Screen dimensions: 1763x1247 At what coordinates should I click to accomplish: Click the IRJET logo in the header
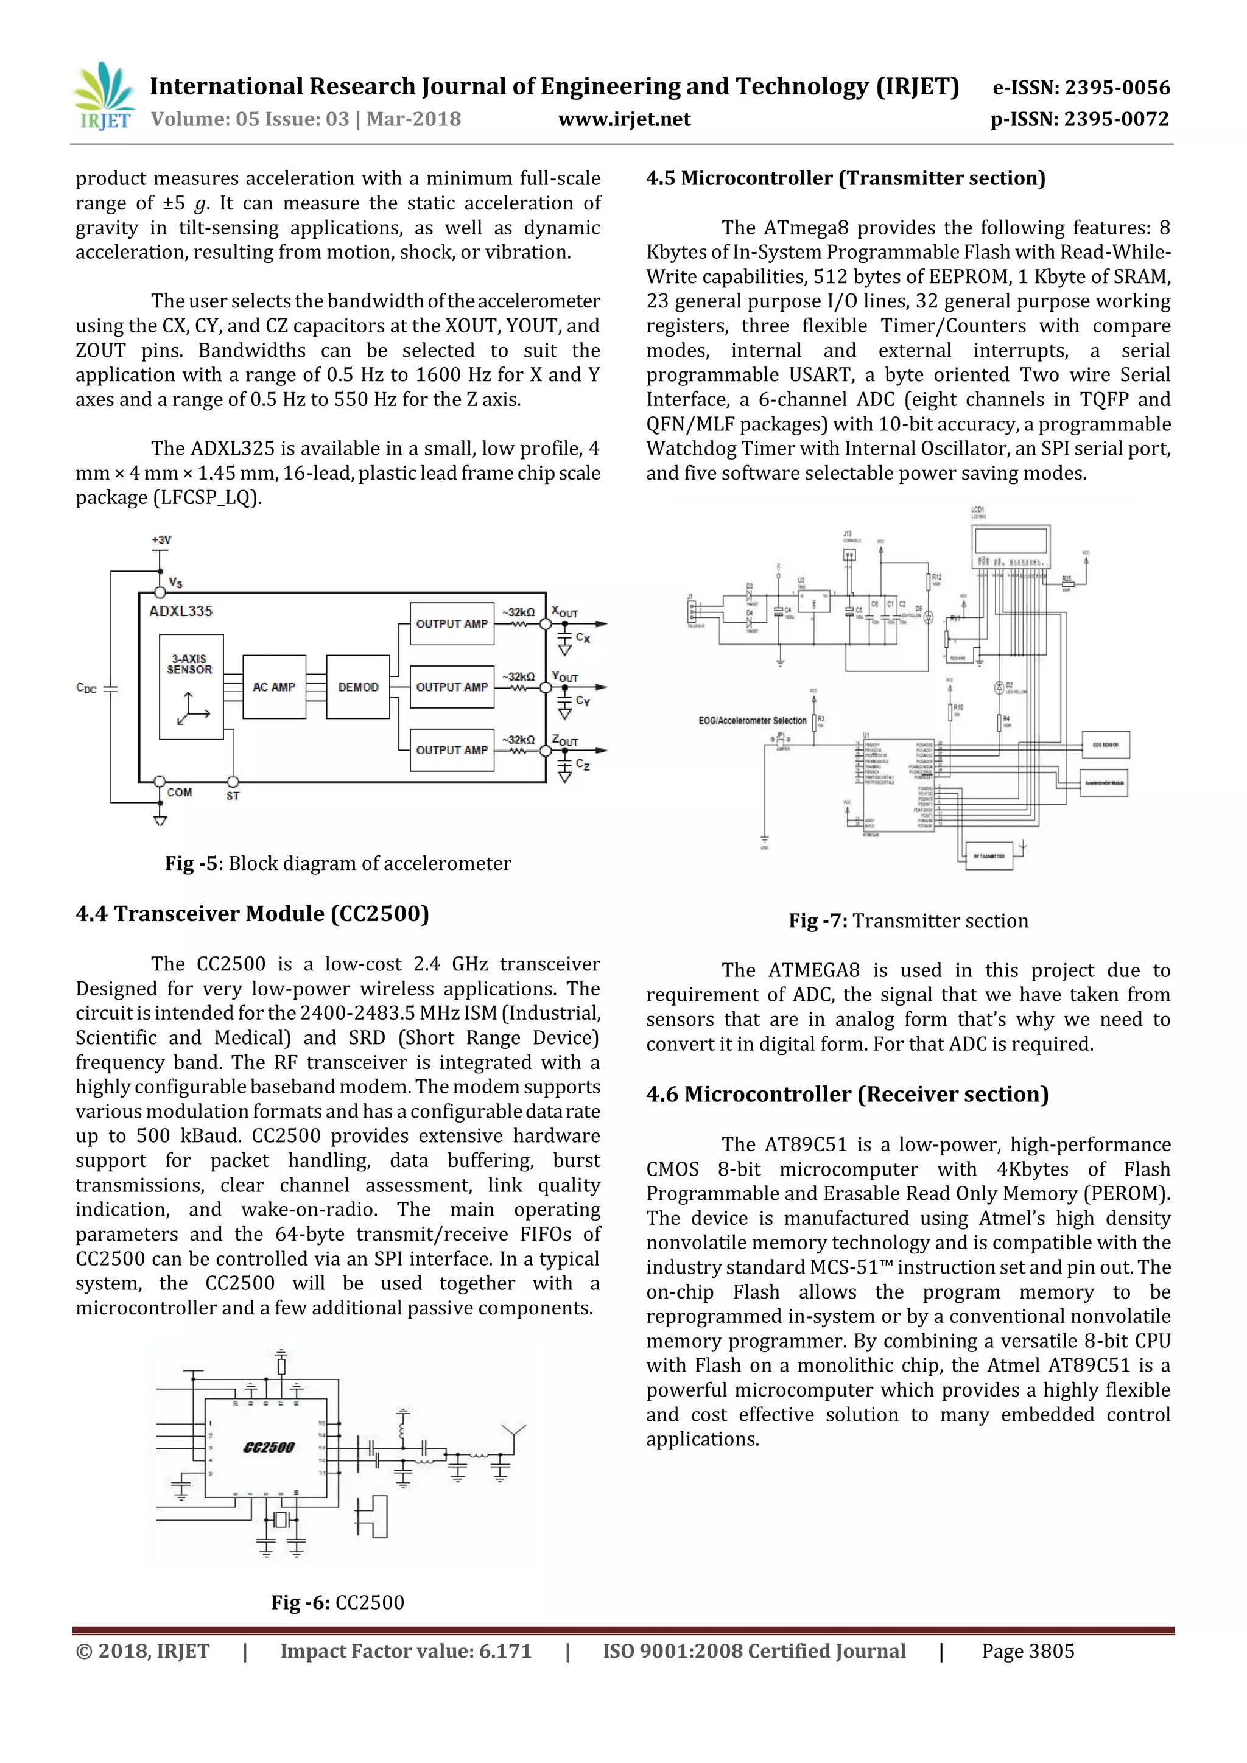[x=104, y=97]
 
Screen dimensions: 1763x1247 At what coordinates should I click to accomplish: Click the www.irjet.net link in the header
[x=624, y=119]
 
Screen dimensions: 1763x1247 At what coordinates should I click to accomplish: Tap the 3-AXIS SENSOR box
[x=191, y=687]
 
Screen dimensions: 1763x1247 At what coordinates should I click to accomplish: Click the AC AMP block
[x=274, y=687]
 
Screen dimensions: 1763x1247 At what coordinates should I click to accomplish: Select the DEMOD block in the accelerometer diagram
[x=358, y=687]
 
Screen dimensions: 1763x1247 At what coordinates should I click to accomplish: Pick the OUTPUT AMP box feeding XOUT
[x=452, y=624]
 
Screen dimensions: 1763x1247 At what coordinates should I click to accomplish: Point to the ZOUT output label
[x=565, y=741]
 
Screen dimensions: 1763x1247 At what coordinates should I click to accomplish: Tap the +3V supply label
[x=161, y=540]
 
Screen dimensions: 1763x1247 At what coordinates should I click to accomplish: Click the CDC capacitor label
[x=86, y=688]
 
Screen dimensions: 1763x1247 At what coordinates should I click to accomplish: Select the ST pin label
[x=233, y=796]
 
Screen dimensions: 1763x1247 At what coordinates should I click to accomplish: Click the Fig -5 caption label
[x=191, y=864]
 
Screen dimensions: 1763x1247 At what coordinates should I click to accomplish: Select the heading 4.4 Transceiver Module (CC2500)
[x=252, y=914]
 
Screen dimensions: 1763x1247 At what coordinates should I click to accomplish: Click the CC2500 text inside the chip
[x=269, y=1448]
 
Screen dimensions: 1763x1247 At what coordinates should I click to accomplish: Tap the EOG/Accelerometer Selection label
[x=753, y=720]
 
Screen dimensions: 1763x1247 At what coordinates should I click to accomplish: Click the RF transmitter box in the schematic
[x=988, y=856]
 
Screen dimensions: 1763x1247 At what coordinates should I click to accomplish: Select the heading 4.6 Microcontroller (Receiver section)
[x=847, y=1094]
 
